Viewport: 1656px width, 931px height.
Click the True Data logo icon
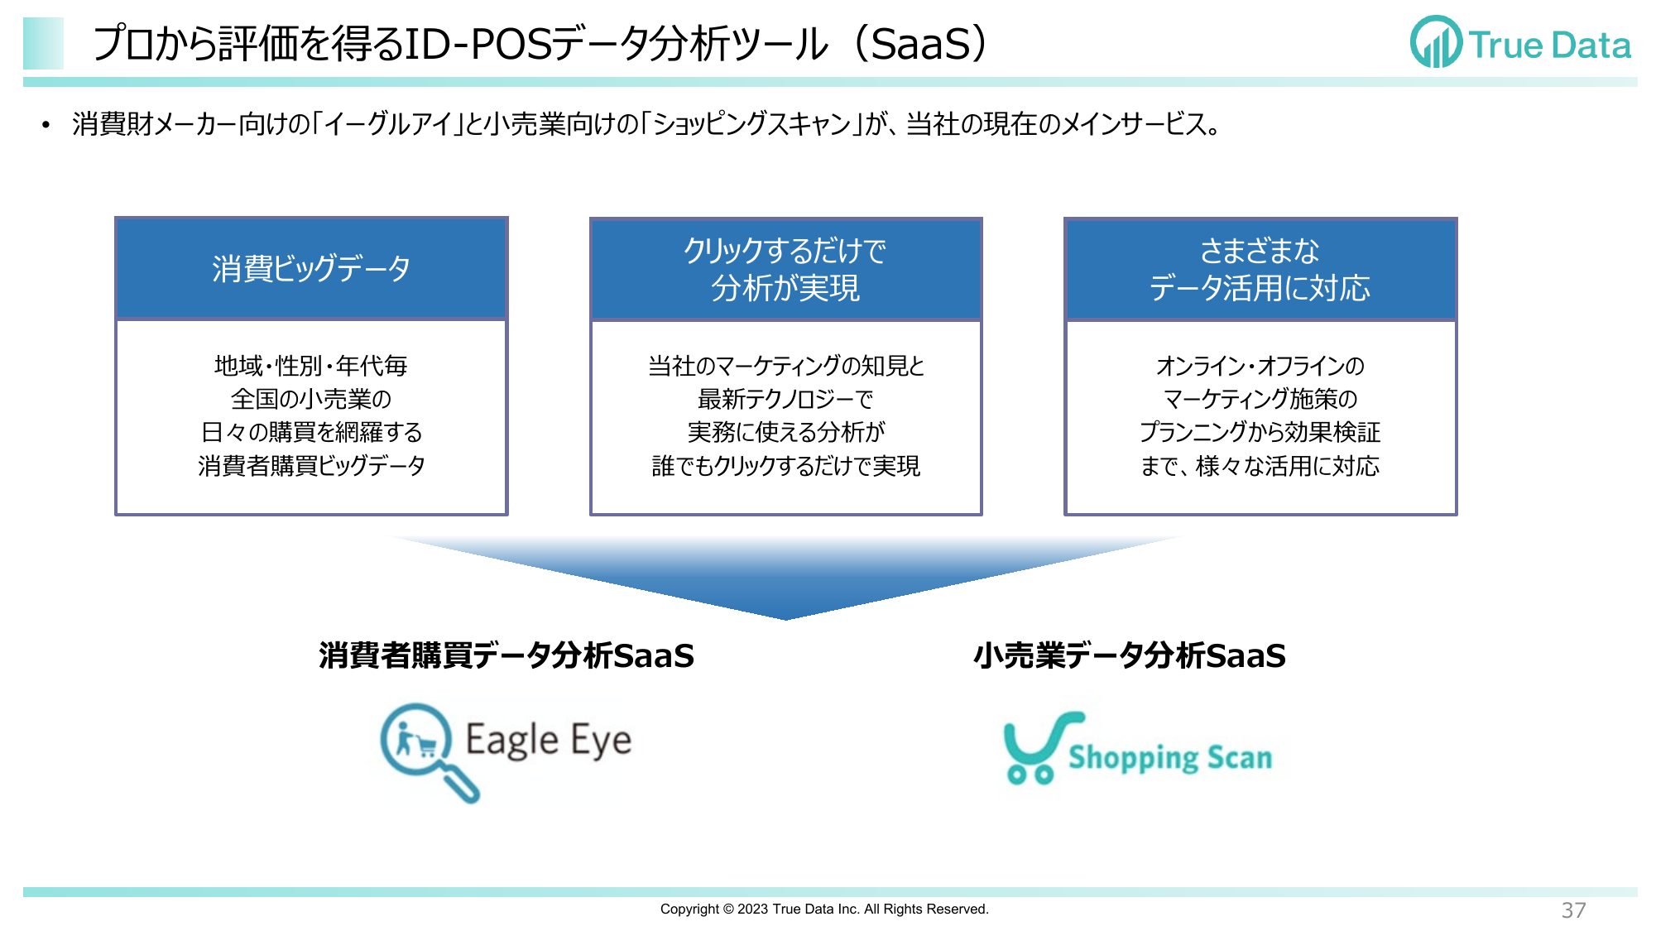coord(1436,42)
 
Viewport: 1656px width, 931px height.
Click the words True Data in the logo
coord(1550,45)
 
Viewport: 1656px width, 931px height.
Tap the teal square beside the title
coord(43,43)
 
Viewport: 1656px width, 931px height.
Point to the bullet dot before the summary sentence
coord(46,126)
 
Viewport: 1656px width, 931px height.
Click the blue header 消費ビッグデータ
coord(311,269)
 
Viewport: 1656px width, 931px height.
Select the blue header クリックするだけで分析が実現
coord(785,269)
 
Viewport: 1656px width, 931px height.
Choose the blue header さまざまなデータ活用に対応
coord(1260,269)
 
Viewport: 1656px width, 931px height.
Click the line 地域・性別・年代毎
coord(311,366)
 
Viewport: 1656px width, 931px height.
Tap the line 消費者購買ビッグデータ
coord(311,466)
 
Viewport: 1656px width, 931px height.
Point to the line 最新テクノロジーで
coord(785,399)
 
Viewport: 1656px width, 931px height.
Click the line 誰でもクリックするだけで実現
coord(785,466)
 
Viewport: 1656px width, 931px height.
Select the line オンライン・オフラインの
coord(1260,366)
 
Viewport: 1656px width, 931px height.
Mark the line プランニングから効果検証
coord(1260,432)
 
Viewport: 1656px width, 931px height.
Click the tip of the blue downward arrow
coord(785,619)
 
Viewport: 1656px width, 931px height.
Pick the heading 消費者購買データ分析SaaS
coord(506,655)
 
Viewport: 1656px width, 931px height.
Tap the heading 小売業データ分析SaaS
coord(1130,655)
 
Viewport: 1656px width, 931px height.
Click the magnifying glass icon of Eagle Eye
coord(426,750)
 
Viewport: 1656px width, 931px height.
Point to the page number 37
coord(1573,910)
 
